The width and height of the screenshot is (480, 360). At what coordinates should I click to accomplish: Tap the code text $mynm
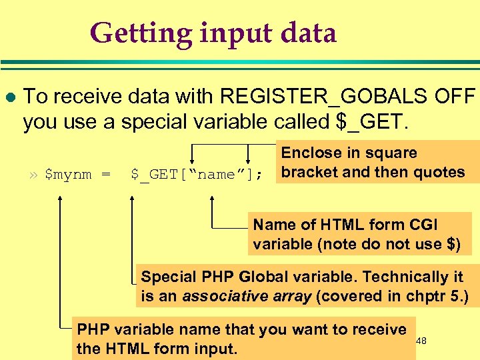(x=69, y=175)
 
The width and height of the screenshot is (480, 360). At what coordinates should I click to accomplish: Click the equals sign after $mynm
(x=105, y=175)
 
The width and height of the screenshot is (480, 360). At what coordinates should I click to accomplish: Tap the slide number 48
(x=421, y=341)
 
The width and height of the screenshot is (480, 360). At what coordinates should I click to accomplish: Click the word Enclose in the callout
(x=311, y=153)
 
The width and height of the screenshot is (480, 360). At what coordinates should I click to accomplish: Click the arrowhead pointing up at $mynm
(x=61, y=198)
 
